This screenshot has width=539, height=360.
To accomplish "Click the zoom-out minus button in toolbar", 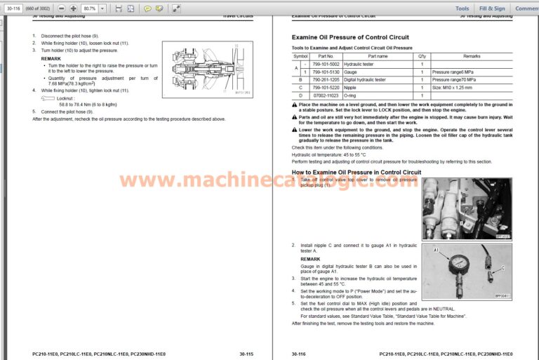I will point(61,8).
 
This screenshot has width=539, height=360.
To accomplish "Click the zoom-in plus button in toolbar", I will point(73,8).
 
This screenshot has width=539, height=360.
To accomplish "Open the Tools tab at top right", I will point(462,8).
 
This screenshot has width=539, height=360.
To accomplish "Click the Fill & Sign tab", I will point(492,8).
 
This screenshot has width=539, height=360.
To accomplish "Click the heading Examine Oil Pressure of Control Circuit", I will point(350,37).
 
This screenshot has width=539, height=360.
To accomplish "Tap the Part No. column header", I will point(326,56).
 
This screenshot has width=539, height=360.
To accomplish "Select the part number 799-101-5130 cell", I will point(326,72).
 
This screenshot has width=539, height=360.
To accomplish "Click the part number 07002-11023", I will point(326,95).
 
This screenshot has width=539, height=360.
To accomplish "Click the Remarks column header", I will point(472,56).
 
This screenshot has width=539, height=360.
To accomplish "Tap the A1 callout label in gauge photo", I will point(436,249).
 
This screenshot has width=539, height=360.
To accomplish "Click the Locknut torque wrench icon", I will point(48,98).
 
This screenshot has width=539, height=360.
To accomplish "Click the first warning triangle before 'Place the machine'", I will point(295,104).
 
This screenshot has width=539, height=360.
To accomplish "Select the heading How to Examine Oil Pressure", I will point(356,172).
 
